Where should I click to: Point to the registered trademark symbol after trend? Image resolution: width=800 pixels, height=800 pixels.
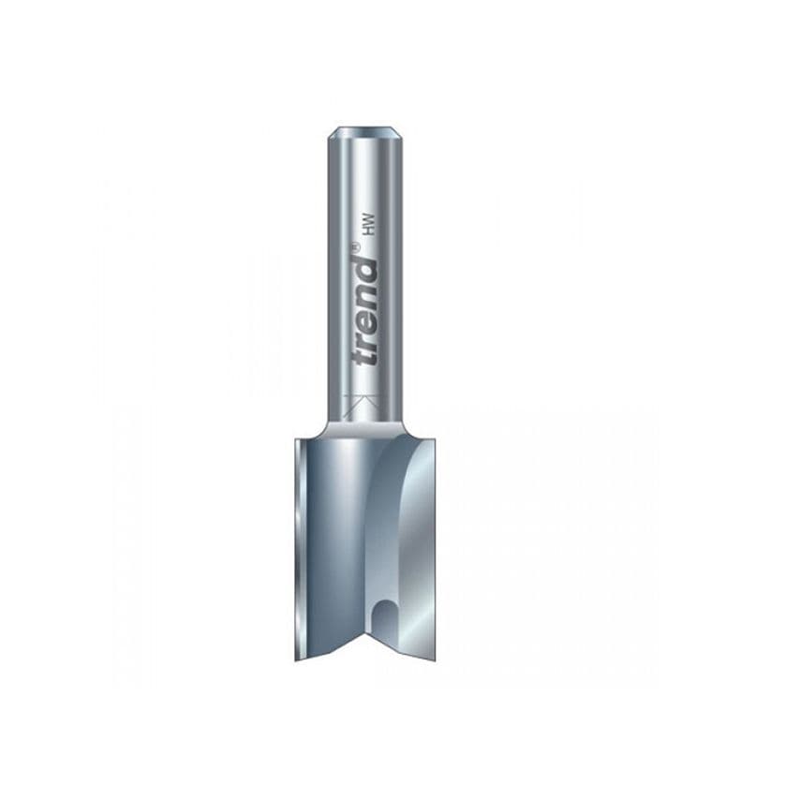(355, 247)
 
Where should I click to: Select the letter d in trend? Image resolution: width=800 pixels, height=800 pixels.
(365, 266)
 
